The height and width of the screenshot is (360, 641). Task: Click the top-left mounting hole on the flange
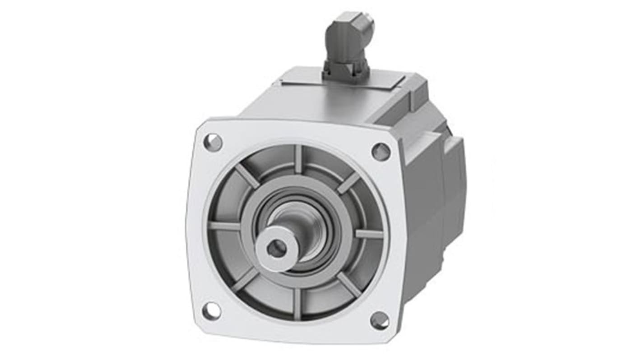[213, 143]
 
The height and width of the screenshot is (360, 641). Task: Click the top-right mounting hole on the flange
[381, 151]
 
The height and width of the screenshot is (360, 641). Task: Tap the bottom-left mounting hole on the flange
[211, 311]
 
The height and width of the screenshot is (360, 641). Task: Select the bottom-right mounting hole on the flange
[380, 320]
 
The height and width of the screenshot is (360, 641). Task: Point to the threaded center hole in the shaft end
[276, 248]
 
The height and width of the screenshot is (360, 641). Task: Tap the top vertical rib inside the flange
[298, 159]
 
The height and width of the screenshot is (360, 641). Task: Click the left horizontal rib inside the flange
[224, 226]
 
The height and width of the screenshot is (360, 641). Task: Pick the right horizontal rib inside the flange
[369, 234]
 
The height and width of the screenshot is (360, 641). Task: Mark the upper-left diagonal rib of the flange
[247, 175]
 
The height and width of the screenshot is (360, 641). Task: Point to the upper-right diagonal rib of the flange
[348, 182]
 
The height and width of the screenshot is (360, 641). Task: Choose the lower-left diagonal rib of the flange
[245, 280]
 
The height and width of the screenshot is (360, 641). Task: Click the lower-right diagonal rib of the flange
[349, 284]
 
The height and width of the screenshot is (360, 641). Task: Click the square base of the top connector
[345, 72]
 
